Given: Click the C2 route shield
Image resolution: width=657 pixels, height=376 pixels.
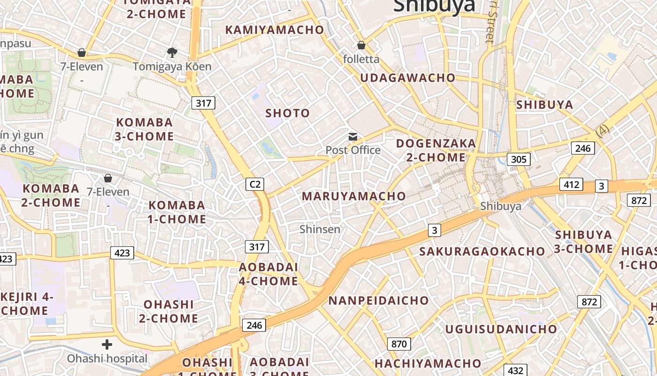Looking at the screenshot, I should (255, 184).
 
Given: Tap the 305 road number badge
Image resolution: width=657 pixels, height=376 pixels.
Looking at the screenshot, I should (519, 159).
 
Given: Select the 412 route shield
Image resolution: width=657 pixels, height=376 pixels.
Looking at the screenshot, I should (571, 184).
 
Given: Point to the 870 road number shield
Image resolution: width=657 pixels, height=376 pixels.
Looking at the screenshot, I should (399, 344).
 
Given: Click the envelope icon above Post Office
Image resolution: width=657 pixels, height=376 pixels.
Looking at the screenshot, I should (353, 137).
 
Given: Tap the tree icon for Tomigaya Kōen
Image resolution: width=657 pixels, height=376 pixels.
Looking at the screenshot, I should (172, 52).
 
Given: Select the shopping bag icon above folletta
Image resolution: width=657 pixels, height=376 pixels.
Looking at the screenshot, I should (361, 45).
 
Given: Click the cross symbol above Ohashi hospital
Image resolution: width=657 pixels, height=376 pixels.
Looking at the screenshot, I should (107, 345).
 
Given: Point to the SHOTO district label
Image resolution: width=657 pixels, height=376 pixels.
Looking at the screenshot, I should (288, 113).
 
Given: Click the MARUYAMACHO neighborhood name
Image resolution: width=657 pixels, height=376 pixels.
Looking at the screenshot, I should (354, 196).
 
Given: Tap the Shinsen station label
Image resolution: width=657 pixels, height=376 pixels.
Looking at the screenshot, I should (320, 229).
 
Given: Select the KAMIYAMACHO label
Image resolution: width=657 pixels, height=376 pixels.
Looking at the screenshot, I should (275, 30).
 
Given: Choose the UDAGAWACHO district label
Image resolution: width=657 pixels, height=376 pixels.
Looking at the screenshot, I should (408, 78).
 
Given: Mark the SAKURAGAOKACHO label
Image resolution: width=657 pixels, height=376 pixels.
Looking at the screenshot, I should (482, 251).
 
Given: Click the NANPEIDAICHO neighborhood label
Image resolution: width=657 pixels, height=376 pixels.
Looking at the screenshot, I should (378, 300).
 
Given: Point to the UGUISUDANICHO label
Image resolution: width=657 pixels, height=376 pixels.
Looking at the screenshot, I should (501, 329).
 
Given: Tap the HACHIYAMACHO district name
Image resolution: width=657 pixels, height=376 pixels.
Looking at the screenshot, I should (428, 363).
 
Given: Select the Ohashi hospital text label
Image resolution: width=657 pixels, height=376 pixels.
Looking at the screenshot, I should (107, 359).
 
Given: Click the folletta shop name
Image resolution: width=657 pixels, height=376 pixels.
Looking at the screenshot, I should (361, 59).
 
